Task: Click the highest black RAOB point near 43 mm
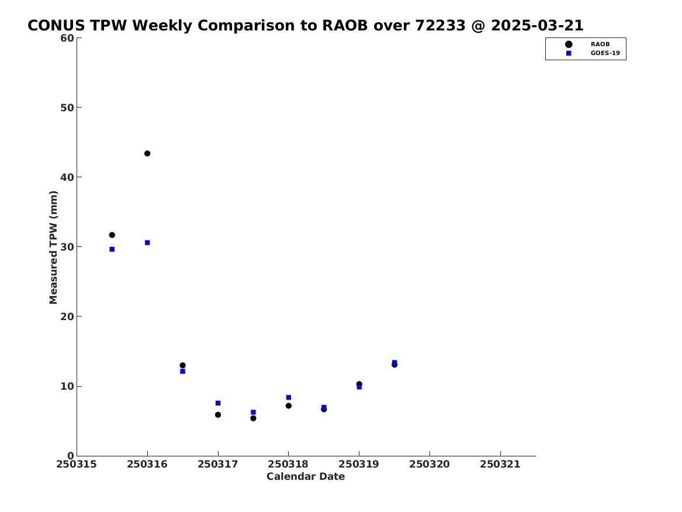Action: [147, 154]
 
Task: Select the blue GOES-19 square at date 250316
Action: [147, 243]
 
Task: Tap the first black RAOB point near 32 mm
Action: [112, 235]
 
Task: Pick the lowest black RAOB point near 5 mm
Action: [253, 418]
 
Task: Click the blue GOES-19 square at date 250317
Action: [218, 403]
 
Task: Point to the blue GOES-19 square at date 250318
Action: [288, 397]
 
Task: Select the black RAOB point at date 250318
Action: [288, 406]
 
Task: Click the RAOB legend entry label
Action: [600, 44]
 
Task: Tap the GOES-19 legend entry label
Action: [605, 53]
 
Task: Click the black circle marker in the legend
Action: [569, 44]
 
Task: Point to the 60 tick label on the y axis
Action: [67, 38]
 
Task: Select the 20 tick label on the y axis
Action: [67, 317]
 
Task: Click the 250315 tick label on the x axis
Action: [76, 465]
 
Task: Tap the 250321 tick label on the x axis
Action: [500, 465]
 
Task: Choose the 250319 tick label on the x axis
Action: [359, 465]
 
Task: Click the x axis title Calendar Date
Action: [306, 477]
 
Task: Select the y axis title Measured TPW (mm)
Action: [54, 248]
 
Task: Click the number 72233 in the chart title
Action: [440, 26]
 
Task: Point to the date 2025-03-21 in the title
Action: [537, 26]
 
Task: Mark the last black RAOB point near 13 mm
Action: [394, 365]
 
